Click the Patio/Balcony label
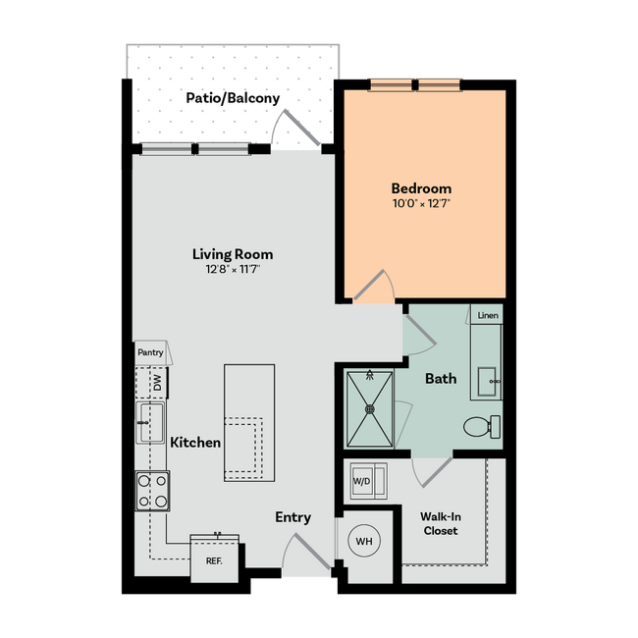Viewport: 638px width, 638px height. pyautogui.click(x=235, y=98)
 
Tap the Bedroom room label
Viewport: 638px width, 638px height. pyautogui.click(x=421, y=188)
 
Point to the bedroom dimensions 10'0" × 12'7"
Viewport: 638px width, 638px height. pyautogui.click(x=421, y=204)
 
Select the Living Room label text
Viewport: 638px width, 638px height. pyautogui.click(x=233, y=254)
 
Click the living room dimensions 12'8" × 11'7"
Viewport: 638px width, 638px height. pyautogui.click(x=233, y=269)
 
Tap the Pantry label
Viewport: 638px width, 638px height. pyautogui.click(x=150, y=351)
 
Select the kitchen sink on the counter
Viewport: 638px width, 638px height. pyautogui.click(x=150, y=423)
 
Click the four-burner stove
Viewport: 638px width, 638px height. pyautogui.click(x=152, y=491)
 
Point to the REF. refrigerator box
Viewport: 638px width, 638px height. pyautogui.click(x=214, y=560)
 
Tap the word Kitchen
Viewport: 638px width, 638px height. pyautogui.click(x=195, y=443)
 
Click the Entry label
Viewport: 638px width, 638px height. pyautogui.click(x=292, y=517)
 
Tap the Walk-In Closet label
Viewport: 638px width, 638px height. pyautogui.click(x=441, y=523)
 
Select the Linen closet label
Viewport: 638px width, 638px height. pyautogui.click(x=488, y=316)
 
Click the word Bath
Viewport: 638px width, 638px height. pyautogui.click(x=441, y=378)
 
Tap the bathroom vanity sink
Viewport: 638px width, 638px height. pyautogui.click(x=486, y=378)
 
